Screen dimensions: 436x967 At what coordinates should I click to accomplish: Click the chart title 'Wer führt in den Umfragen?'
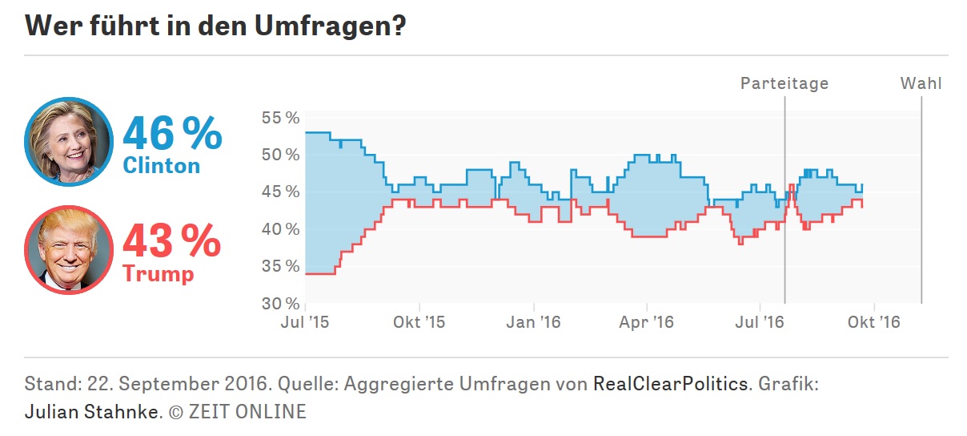(x=215, y=26)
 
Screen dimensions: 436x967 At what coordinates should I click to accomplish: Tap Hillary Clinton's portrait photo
(x=69, y=142)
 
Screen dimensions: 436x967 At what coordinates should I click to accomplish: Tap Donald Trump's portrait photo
(x=69, y=250)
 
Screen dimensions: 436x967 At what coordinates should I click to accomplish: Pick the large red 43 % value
(x=172, y=241)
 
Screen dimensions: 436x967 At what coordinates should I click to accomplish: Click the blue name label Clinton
(x=162, y=165)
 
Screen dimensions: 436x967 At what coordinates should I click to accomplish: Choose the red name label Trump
(x=158, y=273)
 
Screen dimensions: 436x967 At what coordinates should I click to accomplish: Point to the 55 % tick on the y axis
(x=280, y=118)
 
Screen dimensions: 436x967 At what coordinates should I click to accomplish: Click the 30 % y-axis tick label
(x=280, y=304)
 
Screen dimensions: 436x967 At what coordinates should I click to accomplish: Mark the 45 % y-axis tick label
(x=280, y=192)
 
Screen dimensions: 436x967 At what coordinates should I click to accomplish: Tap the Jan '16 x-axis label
(x=534, y=323)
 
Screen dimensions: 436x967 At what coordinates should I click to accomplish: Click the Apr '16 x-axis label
(x=648, y=323)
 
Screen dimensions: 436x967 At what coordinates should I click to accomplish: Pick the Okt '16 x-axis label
(x=874, y=323)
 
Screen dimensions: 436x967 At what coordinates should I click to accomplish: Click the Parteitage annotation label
(x=784, y=83)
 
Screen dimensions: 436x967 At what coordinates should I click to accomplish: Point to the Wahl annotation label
(x=921, y=83)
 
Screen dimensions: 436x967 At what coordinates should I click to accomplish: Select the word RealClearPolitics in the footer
(x=670, y=384)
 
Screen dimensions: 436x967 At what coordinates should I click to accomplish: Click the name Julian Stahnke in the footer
(x=93, y=412)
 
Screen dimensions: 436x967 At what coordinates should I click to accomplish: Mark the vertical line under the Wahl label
(x=921, y=200)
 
